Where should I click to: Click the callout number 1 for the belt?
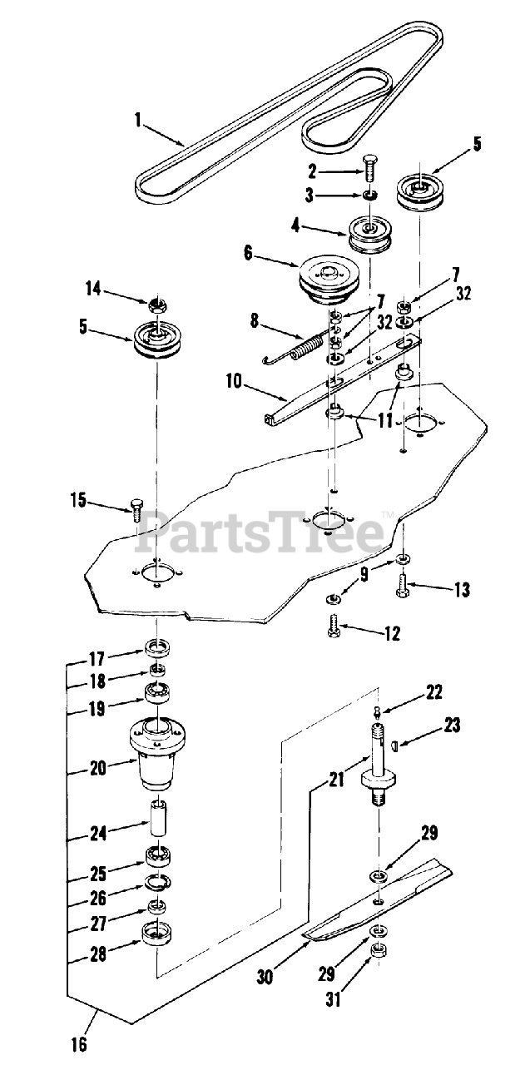137,120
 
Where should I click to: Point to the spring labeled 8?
302,344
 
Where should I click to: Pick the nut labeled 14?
157,306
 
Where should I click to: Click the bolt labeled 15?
137,507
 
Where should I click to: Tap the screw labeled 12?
336,621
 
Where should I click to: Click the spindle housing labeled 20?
156,752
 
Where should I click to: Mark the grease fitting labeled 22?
376,710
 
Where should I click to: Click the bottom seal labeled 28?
156,932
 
